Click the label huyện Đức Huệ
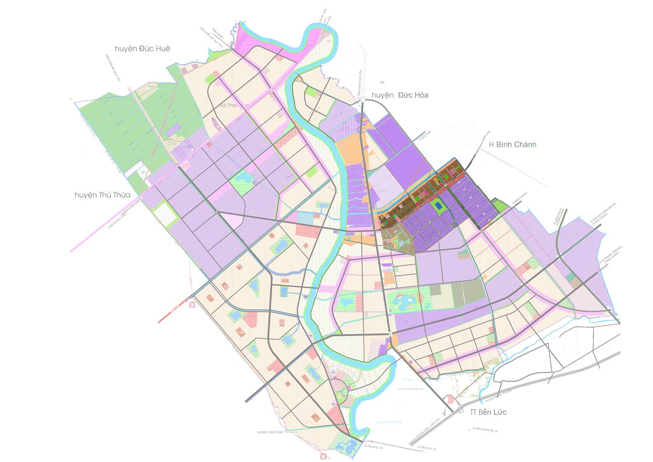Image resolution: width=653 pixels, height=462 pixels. pos(142,49)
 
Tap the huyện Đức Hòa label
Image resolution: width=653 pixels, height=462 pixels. pos(400,95)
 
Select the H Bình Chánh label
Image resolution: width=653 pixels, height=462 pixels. pos(512,144)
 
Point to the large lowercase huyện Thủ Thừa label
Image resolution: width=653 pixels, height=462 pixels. pos(102,195)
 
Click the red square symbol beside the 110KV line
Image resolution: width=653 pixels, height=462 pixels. pos(191,305)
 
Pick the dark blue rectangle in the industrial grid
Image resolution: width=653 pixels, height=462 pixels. pos(438,206)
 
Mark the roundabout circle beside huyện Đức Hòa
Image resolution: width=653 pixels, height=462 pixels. pos(363,99)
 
